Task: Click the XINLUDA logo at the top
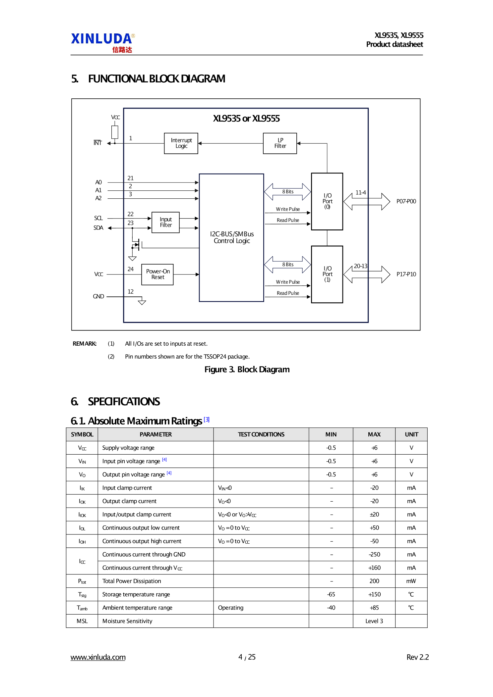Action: point(102,42)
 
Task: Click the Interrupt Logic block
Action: point(181,143)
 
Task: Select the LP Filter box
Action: point(280,143)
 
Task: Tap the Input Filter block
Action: point(165,223)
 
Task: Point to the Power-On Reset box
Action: point(157,274)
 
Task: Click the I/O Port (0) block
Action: point(327,201)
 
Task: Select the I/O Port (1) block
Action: point(327,274)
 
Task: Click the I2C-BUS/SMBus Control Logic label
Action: point(232,237)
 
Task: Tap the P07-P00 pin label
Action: point(406,201)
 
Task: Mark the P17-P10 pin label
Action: point(406,274)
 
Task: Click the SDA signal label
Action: point(98,228)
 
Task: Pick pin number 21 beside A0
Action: point(131,178)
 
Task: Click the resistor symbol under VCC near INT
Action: point(115,132)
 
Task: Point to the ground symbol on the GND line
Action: point(142,302)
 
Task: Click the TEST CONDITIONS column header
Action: point(261,434)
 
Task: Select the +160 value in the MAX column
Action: point(374,568)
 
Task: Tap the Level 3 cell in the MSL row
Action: point(374,621)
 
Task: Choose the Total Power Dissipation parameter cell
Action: point(132,581)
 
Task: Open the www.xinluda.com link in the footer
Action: point(98,657)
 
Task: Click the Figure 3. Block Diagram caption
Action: point(247,370)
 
